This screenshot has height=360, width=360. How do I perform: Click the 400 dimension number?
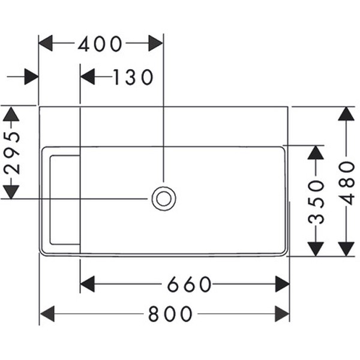click(x=100, y=44)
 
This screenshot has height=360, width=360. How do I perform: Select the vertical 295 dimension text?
click(x=11, y=152)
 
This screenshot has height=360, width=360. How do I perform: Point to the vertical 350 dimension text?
click(x=316, y=201)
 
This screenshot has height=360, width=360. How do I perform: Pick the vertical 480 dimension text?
click(x=346, y=182)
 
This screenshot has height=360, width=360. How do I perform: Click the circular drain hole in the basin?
click(x=163, y=199)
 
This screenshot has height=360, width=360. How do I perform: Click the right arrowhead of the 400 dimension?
click(x=155, y=43)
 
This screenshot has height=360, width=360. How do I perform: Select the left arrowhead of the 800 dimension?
click(x=47, y=313)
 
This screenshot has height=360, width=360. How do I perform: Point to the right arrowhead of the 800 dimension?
click(x=282, y=313)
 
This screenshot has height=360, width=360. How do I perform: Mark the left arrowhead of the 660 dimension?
click(x=88, y=284)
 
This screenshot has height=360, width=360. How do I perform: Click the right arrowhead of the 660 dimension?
click(x=282, y=284)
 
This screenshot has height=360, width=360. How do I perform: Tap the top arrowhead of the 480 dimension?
click(x=346, y=114)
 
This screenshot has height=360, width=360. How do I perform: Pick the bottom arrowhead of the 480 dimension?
click(x=346, y=249)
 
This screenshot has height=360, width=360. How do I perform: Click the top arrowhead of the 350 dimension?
click(x=316, y=152)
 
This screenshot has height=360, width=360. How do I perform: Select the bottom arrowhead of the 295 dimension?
click(x=11, y=191)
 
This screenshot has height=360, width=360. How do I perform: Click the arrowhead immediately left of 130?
click(x=88, y=77)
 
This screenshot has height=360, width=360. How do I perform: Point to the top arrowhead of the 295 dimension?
click(x=11, y=114)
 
